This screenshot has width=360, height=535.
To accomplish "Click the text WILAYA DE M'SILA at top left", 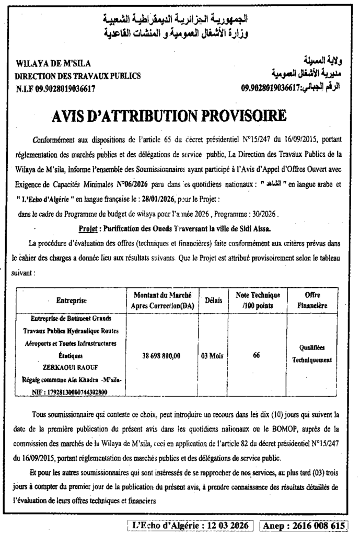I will (x=54, y=64).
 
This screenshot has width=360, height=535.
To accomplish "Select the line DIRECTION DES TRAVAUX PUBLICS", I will (x=78, y=76).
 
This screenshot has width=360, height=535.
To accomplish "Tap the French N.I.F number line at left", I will (x=55, y=88).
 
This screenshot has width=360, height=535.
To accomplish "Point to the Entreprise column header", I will (x=71, y=300).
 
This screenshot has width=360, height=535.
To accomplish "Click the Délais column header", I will (x=213, y=300).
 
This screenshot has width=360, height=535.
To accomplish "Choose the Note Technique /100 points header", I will (x=258, y=300).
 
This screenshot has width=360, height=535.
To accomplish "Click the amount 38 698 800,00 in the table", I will (x=161, y=356).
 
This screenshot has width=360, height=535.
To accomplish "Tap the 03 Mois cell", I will (x=213, y=356).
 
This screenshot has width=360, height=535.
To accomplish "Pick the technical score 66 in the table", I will (x=257, y=355).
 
